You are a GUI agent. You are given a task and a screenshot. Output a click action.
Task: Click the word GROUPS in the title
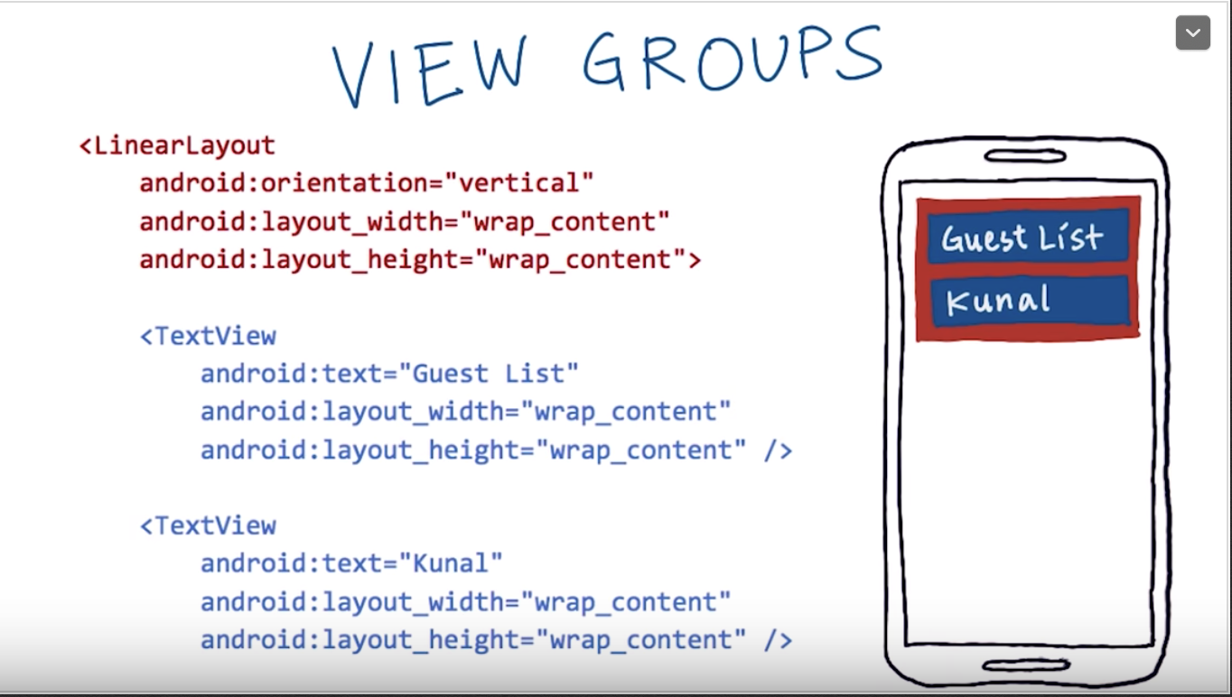[732, 60]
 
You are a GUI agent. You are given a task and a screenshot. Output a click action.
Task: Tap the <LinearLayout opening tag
[177, 145]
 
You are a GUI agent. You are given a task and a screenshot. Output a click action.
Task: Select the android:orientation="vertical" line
[366, 183]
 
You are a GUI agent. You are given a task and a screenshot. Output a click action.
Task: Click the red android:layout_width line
[404, 222]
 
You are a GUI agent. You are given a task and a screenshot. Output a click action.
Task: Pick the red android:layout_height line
[419, 260]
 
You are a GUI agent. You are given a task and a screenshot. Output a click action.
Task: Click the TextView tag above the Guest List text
[208, 336]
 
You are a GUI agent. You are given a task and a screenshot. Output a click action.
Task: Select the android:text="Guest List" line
[388, 374]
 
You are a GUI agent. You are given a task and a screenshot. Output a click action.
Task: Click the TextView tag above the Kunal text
[208, 525]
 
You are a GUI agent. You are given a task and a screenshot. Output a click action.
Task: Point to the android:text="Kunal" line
[350, 563]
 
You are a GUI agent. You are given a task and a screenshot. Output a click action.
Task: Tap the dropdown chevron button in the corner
[1192, 33]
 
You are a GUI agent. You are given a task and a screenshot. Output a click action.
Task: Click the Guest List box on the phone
[1027, 237]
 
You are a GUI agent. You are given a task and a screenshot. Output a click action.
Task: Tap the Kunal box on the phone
[1029, 301]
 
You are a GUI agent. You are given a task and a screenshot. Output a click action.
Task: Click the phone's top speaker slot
[1025, 156]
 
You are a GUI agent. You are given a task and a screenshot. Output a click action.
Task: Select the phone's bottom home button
[1026, 666]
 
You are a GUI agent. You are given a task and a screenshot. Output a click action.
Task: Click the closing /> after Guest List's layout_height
[778, 450]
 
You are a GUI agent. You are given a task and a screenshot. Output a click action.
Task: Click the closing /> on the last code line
[778, 640]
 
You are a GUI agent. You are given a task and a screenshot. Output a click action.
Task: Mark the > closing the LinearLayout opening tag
[694, 260]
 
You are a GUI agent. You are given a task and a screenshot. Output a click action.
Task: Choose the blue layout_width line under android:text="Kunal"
[465, 601]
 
